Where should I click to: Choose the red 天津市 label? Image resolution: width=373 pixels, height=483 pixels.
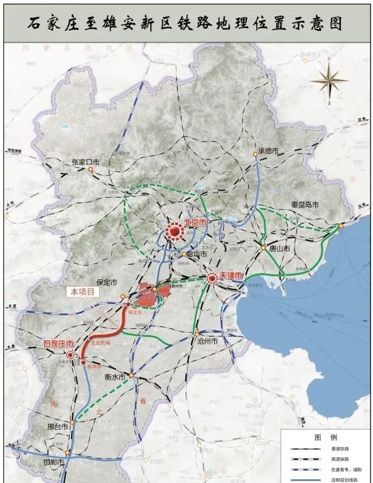230,275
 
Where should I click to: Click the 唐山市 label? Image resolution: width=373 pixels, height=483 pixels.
277,249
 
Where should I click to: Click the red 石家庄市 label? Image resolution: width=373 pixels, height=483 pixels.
58,343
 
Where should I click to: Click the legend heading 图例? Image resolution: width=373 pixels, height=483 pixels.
325,436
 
